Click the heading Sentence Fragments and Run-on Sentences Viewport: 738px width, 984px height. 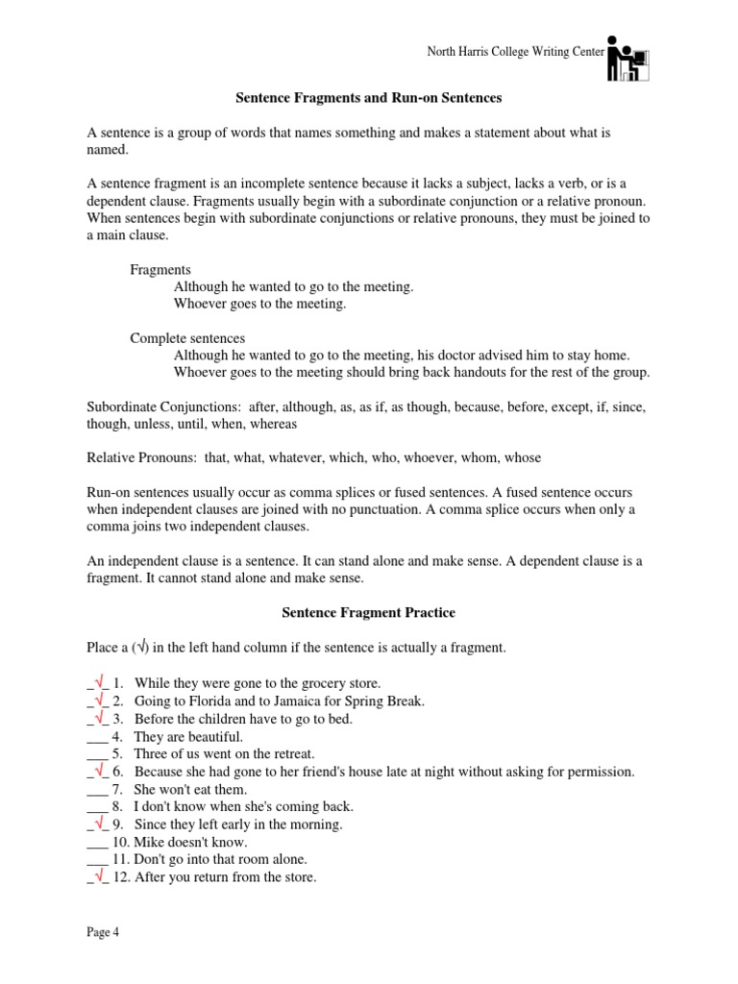click(369, 98)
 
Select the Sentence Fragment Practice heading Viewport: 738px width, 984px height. click(368, 612)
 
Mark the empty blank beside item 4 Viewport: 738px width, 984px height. click(96, 736)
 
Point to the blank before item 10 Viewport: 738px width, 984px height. click(96, 842)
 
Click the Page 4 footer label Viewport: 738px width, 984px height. click(103, 931)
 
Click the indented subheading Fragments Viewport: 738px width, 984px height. click(160, 270)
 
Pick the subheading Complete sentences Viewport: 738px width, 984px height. click(187, 338)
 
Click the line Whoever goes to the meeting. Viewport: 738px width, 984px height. click(259, 304)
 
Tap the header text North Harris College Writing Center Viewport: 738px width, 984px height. click(516, 51)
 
